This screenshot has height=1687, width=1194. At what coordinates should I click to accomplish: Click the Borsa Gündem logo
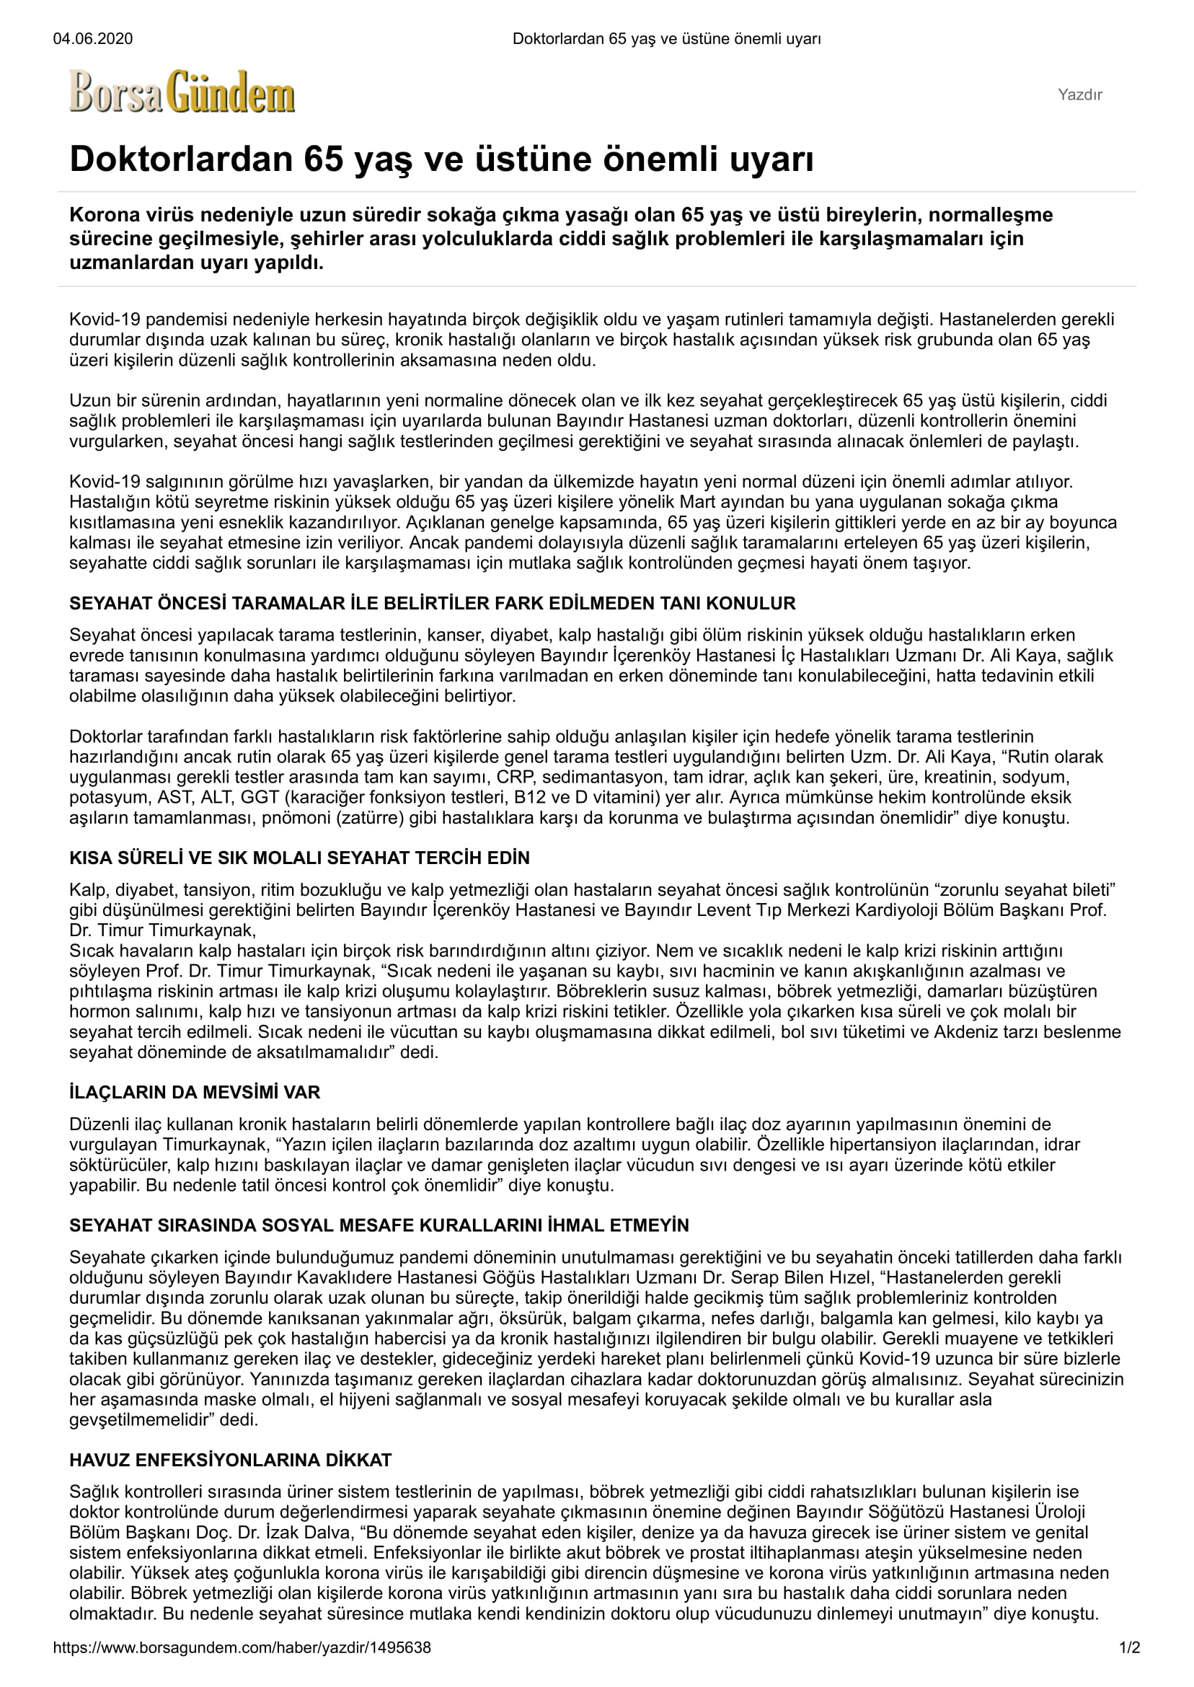(182, 92)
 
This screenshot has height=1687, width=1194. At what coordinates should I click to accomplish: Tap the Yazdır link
(1079, 95)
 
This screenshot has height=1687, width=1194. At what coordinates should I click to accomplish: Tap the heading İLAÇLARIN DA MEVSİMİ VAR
(195, 1092)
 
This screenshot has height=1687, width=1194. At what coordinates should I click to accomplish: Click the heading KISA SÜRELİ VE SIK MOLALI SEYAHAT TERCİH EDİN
(299, 858)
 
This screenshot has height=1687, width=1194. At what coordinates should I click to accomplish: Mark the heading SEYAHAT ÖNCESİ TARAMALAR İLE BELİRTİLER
(433, 604)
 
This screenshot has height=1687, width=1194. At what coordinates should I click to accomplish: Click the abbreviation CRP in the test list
(514, 778)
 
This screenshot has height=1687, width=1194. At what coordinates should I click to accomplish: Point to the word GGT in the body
(258, 798)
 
